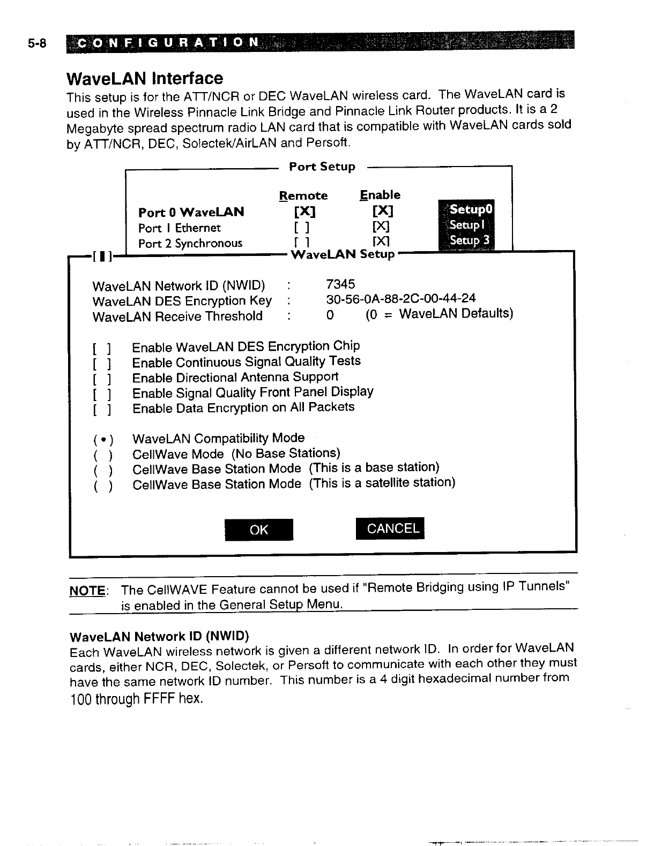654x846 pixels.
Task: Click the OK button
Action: point(259,530)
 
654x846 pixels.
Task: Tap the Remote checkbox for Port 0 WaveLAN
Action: point(304,212)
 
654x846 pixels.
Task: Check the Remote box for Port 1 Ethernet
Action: point(304,228)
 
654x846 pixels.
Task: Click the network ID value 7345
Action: point(340,284)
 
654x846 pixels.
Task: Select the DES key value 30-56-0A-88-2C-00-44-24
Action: point(401,298)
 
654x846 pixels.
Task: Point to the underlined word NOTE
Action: point(87,591)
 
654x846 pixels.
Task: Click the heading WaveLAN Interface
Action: point(145,78)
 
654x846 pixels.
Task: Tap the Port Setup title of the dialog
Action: point(322,167)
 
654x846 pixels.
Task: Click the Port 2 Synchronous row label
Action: point(190,244)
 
